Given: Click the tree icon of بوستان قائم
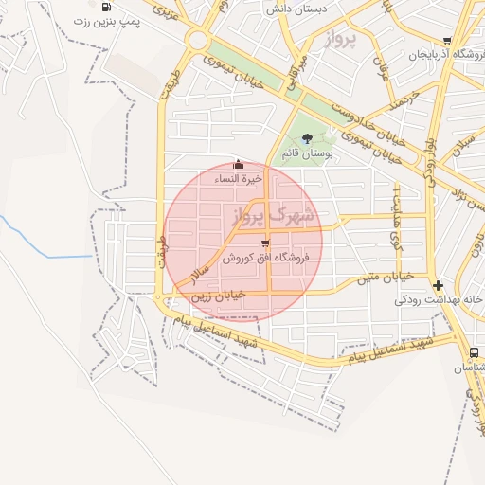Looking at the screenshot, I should point(306,138).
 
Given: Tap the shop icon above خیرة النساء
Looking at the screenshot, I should point(237,163).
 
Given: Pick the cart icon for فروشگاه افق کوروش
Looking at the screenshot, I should point(264,242).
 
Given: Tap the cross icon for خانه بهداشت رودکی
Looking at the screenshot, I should point(437,285).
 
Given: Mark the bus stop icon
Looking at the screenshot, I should point(474,352).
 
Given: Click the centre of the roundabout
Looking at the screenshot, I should point(197,41).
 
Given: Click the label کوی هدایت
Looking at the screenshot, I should point(398,227).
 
